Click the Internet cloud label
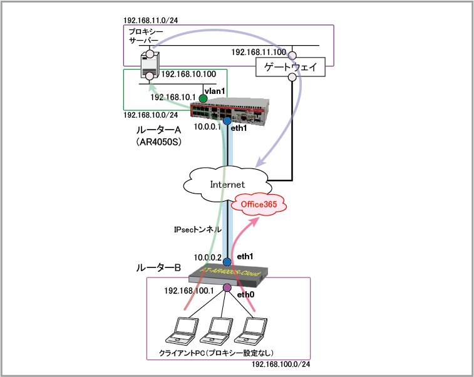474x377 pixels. coord(226,184)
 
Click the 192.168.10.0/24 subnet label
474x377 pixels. coord(150,115)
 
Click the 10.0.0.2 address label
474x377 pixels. coord(207,257)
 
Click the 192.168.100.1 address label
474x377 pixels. coord(189,291)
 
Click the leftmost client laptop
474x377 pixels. coord(183,330)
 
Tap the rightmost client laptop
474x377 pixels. coord(254,330)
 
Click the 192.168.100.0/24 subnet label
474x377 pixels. coord(281,364)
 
